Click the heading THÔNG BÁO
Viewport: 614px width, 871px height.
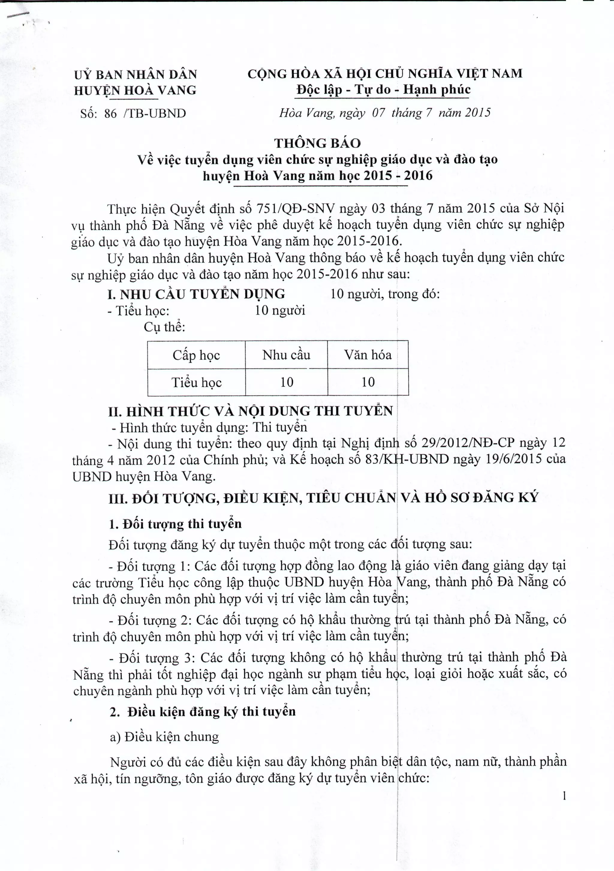coord(317,143)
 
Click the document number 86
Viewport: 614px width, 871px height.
coord(110,113)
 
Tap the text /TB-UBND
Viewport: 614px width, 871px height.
coord(155,113)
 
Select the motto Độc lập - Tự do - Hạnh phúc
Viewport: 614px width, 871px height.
coord(383,89)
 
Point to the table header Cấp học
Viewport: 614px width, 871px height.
coord(196,355)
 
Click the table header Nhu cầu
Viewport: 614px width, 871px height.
coord(286,355)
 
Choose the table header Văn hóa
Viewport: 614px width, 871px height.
coord(368,355)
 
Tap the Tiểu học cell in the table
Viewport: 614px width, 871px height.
coord(196,382)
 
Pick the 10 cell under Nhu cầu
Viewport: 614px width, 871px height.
coord(287,382)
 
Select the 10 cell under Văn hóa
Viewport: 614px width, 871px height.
coord(368,382)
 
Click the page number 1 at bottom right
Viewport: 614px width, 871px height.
coord(564,796)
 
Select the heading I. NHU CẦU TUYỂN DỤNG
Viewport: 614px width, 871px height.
coord(196,294)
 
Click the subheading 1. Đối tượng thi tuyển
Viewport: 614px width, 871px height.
coord(175,524)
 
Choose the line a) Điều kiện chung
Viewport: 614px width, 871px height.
coord(164,737)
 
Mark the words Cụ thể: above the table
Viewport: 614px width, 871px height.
coord(164,327)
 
